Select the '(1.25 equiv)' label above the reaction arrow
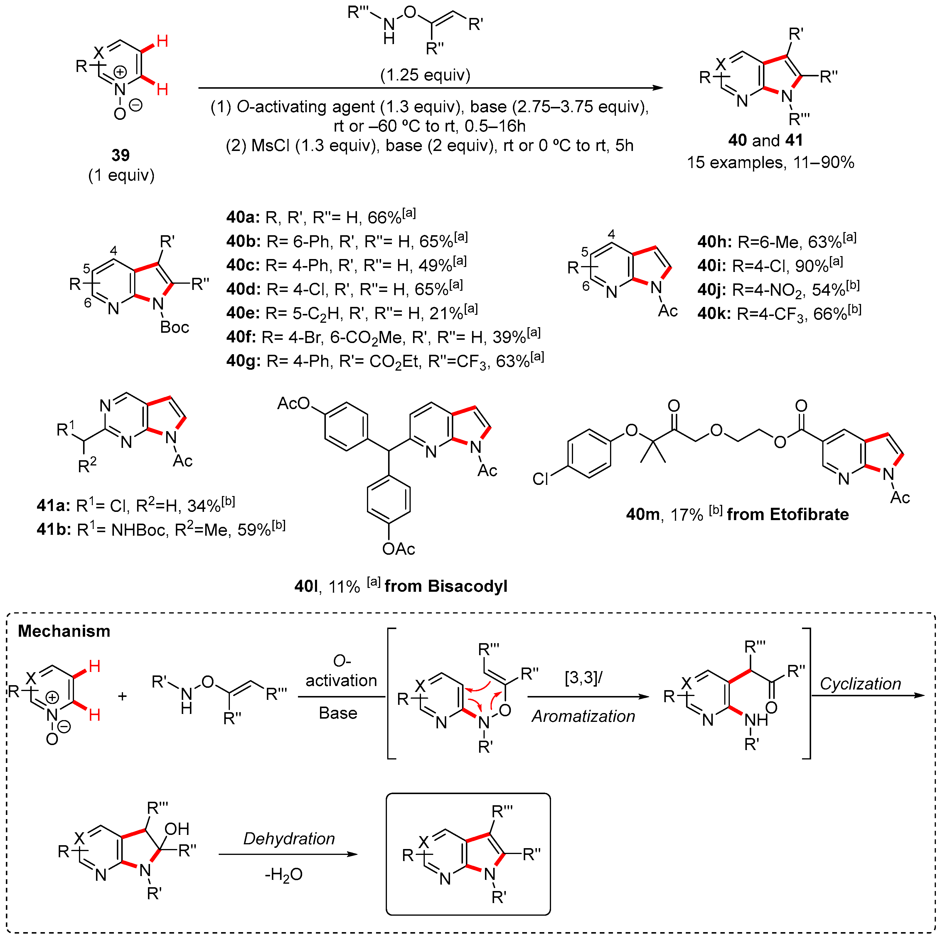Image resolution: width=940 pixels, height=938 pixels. [x=425, y=75]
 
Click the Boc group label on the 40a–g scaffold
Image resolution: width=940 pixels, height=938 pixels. [x=174, y=327]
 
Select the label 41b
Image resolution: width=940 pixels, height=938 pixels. [x=54, y=529]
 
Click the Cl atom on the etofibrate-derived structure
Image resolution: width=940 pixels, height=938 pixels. [x=540, y=479]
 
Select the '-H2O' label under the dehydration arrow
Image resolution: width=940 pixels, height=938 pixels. [x=284, y=875]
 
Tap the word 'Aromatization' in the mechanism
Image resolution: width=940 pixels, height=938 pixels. [x=583, y=716]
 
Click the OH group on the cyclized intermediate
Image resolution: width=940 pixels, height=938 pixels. [x=177, y=829]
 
